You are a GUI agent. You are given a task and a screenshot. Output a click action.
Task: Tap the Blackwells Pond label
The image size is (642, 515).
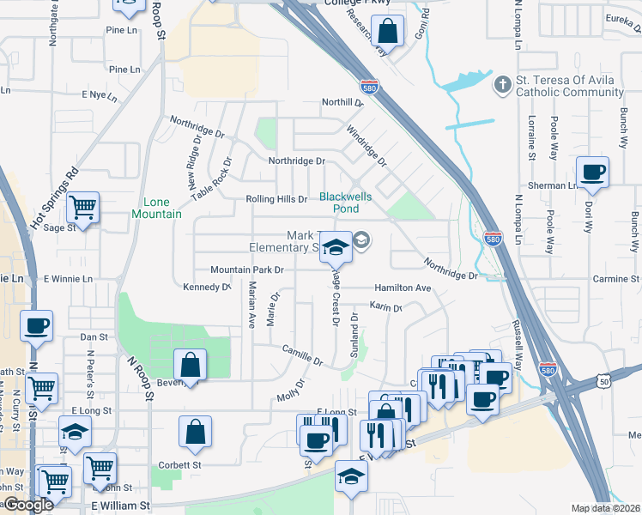pyautogui.click(x=346, y=203)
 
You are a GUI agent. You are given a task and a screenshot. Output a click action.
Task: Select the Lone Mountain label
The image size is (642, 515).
pyautogui.click(x=157, y=208)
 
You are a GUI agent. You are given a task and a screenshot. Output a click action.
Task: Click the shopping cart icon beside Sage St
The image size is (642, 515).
pyautogui.click(x=82, y=206)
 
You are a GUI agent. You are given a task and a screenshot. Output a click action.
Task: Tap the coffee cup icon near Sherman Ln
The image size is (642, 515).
pyautogui.click(x=593, y=172)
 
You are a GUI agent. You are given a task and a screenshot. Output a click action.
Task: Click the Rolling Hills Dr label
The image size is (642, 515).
pyautogui.click(x=276, y=199)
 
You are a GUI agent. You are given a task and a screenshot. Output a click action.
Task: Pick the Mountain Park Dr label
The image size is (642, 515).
pyautogui.click(x=247, y=270)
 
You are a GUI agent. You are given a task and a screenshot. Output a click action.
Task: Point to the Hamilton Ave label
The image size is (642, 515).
pyautogui.click(x=402, y=288)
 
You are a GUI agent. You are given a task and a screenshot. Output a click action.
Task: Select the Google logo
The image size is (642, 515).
pyautogui.click(x=29, y=505)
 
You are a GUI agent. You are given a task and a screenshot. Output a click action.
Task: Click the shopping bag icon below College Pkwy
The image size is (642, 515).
pyautogui.click(x=388, y=32)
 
